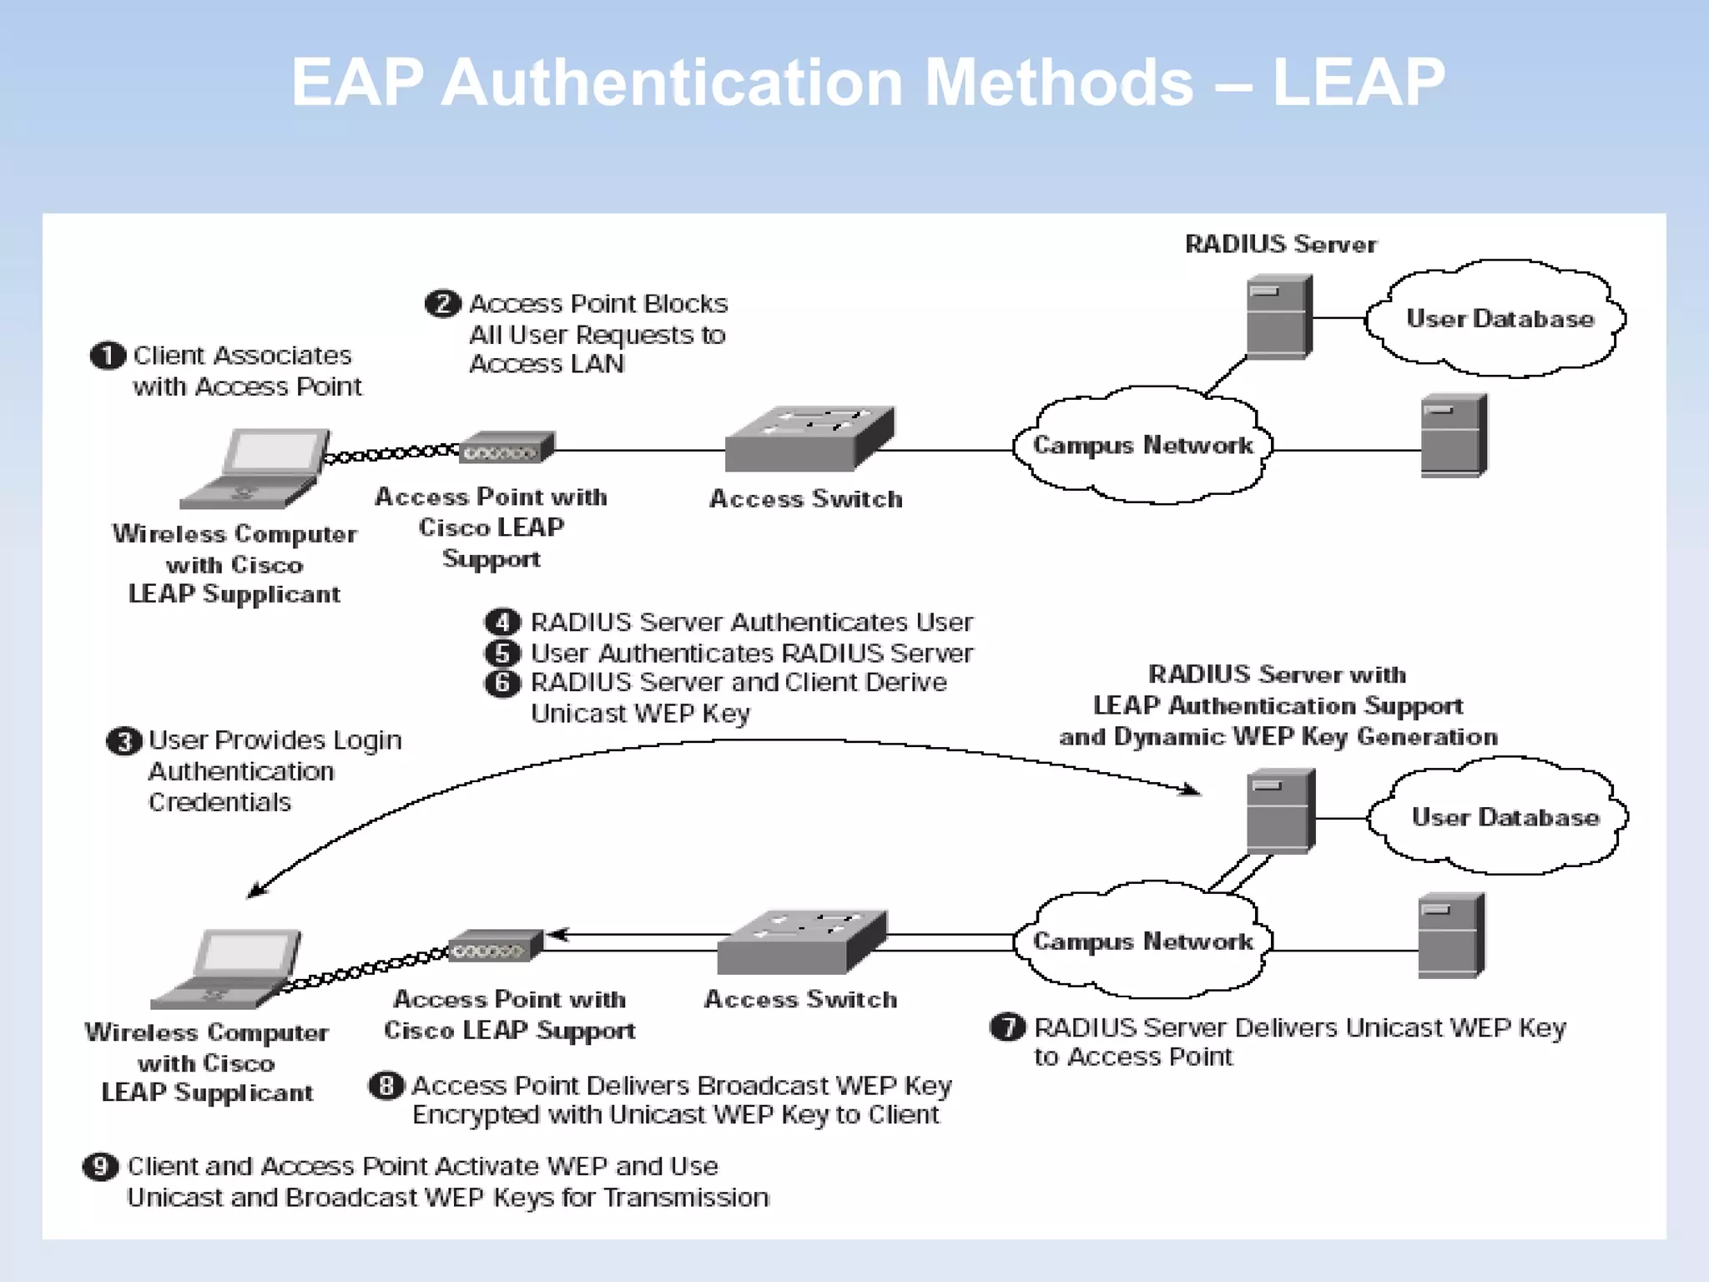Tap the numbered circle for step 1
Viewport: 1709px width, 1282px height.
pyautogui.click(x=107, y=356)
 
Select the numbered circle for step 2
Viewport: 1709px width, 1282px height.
pyautogui.click(x=442, y=303)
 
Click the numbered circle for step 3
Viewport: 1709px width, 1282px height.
pyautogui.click(x=124, y=741)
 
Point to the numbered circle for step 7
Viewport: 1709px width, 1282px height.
pyautogui.click(x=1007, y=1027)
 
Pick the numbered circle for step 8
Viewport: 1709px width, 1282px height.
pyautogui.click(x=386, y=1085)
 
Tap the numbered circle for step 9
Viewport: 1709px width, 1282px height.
pyautogui.click(x=100, y=1166)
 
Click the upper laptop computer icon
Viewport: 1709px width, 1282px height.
pyautogui.click(x=255, y=468)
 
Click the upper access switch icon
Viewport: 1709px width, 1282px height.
pyautogui.click(x=809, y=439)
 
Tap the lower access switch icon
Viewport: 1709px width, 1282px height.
pyautogui.click(x=801, y=941)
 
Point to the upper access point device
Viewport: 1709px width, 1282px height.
pyautogui.click(x=507, y=447)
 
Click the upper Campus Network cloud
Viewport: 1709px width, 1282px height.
pyautogui.click(x=1142, y=445)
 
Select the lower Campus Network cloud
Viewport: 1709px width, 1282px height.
pyautogui.click(x=1142, y=941)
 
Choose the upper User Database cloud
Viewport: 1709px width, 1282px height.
pyautogui.click(x=1499, y=318)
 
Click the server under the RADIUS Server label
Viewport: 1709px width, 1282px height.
pyautogui.click(x=1278, y=317)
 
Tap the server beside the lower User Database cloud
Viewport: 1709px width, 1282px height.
pyautogui.click(x=1280, y=811)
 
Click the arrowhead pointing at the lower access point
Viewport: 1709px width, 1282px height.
pyautogui.click(x=557, y=935)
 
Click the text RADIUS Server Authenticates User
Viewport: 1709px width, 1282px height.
pyautogui.click(x=751, y=623)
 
